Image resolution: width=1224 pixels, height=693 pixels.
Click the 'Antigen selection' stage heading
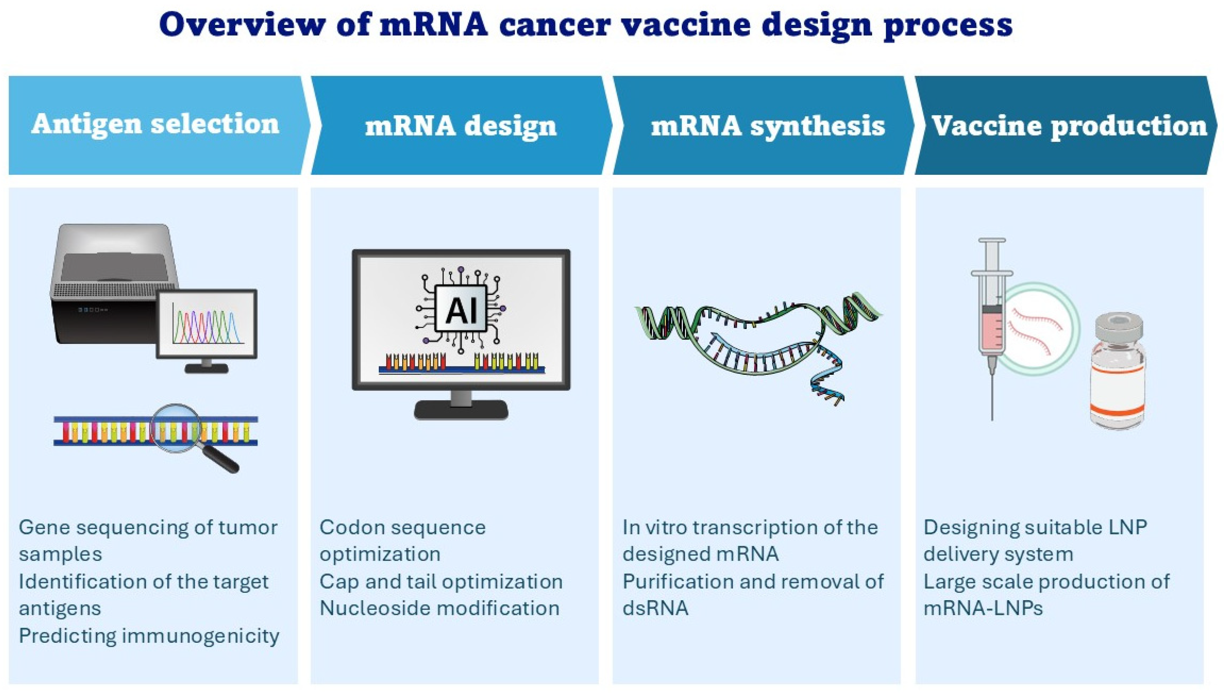[x=155, y=124]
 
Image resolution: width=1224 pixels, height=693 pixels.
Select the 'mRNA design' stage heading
[x=460, y=126]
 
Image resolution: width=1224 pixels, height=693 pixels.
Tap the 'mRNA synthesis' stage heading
[x=767, y=126]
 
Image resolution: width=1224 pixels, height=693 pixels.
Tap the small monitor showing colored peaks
[x=207, y=324]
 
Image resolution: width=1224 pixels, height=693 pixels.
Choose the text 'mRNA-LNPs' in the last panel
[x=983, y=608]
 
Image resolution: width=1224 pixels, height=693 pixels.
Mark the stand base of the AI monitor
[x=461, y=410]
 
